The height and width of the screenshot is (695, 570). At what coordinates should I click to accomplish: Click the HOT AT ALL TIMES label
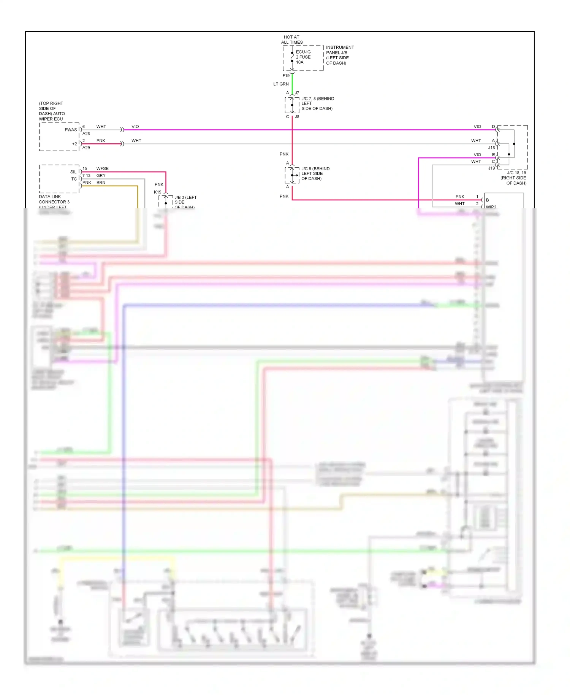292,40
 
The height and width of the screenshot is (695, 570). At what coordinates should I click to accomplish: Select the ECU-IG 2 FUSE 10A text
303,57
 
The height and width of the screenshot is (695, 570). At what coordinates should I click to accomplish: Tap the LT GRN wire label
281,84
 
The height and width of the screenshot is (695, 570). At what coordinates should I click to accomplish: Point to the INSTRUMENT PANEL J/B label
339,55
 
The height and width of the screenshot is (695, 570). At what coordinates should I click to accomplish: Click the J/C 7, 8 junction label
317,103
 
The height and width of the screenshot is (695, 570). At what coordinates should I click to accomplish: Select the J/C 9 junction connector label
315,173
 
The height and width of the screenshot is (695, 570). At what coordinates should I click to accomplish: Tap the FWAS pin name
71,130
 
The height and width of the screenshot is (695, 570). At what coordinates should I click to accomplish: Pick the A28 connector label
86,134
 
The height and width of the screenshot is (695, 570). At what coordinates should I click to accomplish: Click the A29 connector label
86,148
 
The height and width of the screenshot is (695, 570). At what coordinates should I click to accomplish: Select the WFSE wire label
102,168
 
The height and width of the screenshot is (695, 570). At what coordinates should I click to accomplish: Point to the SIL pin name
73,172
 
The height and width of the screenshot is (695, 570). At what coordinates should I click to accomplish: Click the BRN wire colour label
101,182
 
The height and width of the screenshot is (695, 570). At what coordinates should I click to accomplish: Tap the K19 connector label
157,192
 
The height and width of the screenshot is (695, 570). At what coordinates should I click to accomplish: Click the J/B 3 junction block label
185,202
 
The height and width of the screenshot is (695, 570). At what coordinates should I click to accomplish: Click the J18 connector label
491,148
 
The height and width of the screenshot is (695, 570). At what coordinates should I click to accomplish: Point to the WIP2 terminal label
491,207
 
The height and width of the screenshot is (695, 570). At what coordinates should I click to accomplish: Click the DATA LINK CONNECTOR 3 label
54,202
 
